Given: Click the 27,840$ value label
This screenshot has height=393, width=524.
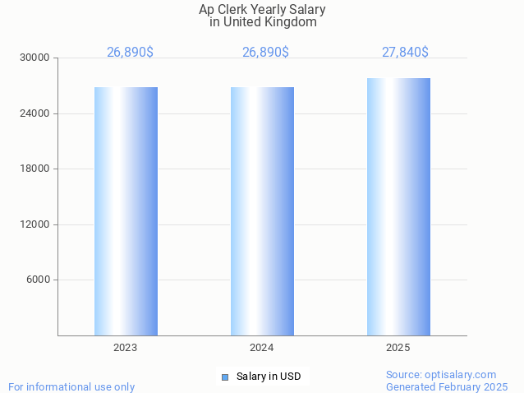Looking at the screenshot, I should tap(405, 53).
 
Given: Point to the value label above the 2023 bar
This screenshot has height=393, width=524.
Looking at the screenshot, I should tap(130, 53).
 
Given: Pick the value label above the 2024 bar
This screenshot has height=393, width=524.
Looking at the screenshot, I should tap(265, 53).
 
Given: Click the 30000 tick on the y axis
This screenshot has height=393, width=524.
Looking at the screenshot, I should tap(35, 58).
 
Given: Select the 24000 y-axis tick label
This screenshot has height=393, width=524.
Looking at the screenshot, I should tap(35, 113).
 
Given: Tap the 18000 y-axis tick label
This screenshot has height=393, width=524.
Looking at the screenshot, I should tap(35, 169).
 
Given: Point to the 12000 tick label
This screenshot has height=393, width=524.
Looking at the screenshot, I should tap(35, 224).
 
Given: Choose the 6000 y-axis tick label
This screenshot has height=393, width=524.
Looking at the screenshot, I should tap(38, 280).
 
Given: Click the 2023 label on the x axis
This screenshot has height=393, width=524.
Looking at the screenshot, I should tap(126, 349).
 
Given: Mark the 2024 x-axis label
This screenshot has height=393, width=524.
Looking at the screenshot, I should tap(262, 349).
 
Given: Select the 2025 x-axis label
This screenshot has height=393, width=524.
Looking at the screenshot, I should tap(398, 349).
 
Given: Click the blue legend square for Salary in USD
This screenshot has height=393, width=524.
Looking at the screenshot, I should tap(224, 377).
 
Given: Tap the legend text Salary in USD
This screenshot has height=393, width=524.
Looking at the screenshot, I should tap(269, 377).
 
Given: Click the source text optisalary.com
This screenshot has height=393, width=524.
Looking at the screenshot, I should tap(460, 375).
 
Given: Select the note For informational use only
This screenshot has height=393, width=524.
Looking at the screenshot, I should tap(71, 387).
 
